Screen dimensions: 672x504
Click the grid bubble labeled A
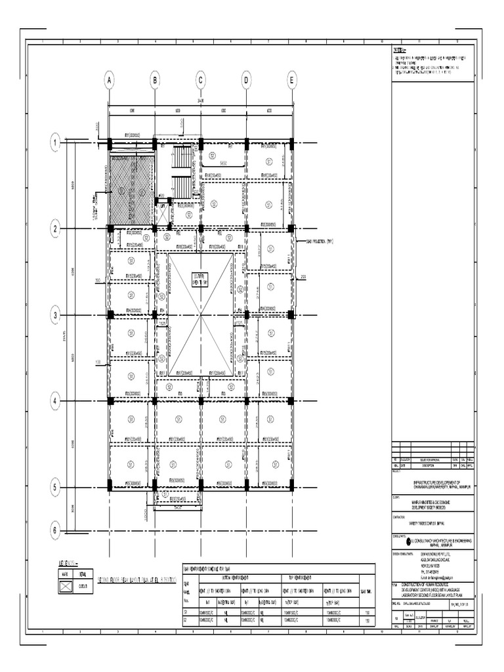click(x=110, y=81)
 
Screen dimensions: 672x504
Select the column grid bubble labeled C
click(x=201, y=81)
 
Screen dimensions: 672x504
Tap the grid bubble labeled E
click(x=292, y=81)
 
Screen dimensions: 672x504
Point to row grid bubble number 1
click(x=56, y=142)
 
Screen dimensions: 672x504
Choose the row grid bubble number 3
click(x=56, y=315)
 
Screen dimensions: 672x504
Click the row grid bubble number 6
click(x=56, y=530)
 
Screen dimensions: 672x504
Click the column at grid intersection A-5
click(x=110, y=487)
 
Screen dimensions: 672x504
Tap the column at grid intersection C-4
click(x=201, y=400)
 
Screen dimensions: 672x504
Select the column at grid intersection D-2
click(x=247, y=228)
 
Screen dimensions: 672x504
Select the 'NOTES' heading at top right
click(x=400, y=50)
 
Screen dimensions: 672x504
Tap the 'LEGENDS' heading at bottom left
click(x=70, y=562)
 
